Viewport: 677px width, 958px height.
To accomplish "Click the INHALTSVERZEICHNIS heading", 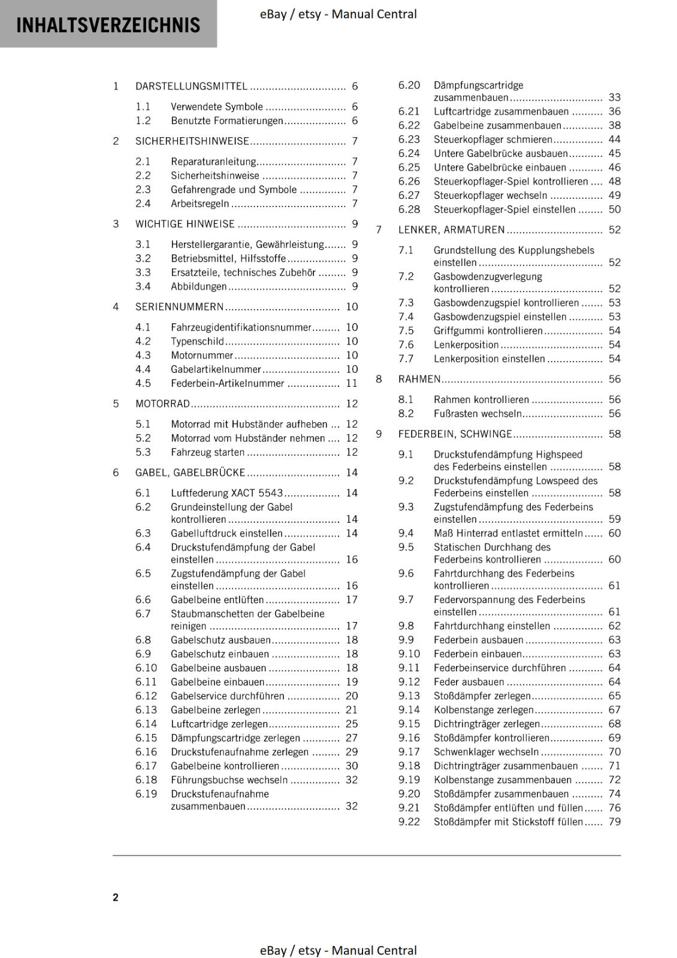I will pos(108,25).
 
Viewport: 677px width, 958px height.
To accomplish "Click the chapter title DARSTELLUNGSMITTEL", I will pos(191,86).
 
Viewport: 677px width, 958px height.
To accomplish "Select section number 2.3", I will pos(143,189).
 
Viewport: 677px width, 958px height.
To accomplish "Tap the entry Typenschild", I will pos(197,341).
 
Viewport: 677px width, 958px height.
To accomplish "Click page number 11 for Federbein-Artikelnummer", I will pos(352,383).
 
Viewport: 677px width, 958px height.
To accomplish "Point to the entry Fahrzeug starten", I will pos(207,452).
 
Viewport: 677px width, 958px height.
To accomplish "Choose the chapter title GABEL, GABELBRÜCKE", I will pos(190,472).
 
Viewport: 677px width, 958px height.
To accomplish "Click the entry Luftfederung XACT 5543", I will pos(226,493).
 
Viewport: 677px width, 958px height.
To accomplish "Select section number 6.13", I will pos(146,710).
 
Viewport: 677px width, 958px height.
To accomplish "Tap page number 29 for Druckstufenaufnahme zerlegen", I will pos(352,751).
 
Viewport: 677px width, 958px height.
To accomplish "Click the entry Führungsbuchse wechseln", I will pos(229,780).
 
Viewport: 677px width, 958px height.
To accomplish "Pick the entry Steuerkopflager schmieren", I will pos(492,139).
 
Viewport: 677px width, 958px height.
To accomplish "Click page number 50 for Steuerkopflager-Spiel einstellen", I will pos(615,209).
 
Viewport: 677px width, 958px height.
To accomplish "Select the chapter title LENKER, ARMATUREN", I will pos(451,229).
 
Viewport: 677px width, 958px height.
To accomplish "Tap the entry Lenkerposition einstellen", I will pos(489,359).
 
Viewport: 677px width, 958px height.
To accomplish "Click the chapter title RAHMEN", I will pos(419,379).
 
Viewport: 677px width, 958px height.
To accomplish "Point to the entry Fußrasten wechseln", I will pos(477,413).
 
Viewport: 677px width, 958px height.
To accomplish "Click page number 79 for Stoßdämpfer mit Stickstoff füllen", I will pos(615,821).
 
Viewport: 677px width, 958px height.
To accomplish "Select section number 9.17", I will pos(409,751).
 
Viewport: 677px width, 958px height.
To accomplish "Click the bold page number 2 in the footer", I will pos(116,897).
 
